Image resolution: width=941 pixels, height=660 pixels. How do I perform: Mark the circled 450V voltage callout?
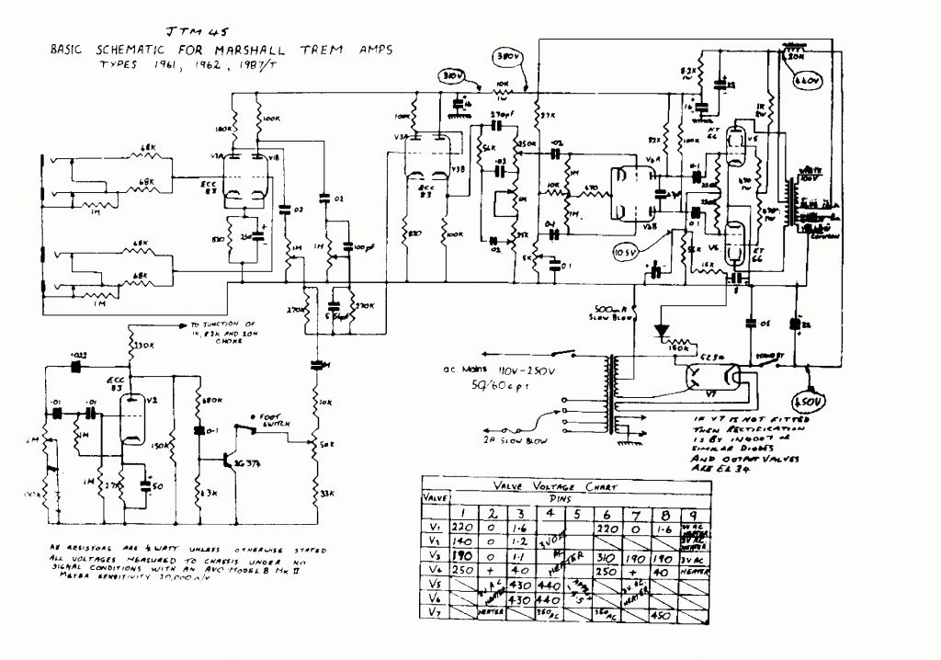(x=808, y=403)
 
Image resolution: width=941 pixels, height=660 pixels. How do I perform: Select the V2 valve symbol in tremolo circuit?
(x=135, y=416)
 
